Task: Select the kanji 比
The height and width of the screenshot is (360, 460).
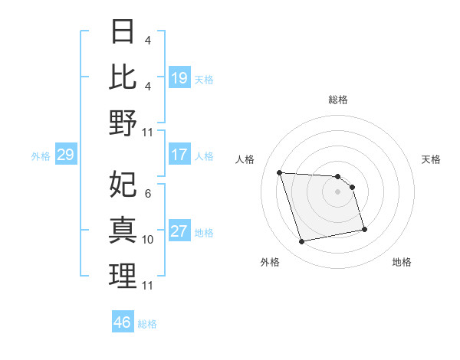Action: coord(123,78)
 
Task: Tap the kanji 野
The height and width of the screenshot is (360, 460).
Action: coord(123,123)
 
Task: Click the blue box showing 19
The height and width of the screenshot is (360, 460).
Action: coord(179,77)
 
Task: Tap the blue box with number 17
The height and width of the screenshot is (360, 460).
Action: coord(179,155)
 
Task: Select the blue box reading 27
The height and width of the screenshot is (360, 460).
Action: coord(179,232)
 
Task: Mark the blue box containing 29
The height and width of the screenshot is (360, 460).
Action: coord(65,155)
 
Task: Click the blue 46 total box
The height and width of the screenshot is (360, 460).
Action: coord(122,322)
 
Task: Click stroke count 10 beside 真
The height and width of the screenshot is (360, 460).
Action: coord(149,240)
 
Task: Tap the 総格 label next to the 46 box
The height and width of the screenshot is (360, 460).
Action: coord(147,324)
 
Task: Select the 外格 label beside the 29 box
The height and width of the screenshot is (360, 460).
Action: coord(41,156)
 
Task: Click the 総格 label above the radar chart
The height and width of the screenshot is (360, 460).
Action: coord(338,100)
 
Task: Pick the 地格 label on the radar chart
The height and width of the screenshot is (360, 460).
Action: coord(402,262)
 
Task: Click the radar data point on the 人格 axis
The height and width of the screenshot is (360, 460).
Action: coord(280,172)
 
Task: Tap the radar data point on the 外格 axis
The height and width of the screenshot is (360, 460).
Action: coord(302,241)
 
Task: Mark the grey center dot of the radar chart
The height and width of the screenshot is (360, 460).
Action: coord(338,191)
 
